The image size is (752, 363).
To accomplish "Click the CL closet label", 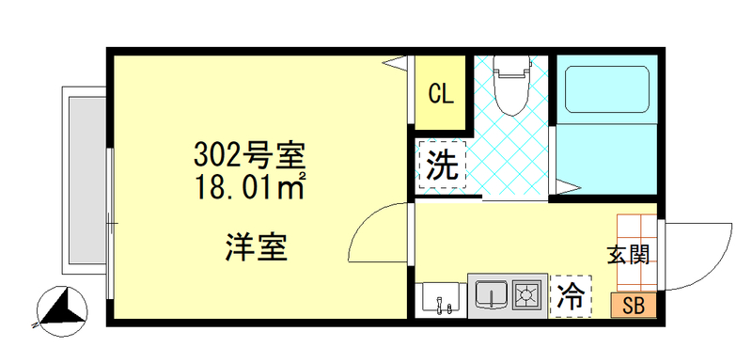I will (441, 94).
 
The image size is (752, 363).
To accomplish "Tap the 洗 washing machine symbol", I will (441, 166).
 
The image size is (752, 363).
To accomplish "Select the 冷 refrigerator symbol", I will (571, 297).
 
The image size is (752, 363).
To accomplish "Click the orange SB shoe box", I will (633, 304).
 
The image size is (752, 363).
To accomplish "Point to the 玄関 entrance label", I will (628, 254).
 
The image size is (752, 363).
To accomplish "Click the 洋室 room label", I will (255, 246).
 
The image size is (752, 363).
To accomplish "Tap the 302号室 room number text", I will (250, 152).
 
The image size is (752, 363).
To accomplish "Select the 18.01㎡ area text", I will (250, 184).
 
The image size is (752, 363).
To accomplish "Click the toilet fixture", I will (512, 85).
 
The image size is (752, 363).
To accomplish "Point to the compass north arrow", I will (62, 308).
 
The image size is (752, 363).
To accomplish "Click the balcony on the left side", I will (86, 179).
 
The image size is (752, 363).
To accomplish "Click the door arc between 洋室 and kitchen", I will (381, 235).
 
